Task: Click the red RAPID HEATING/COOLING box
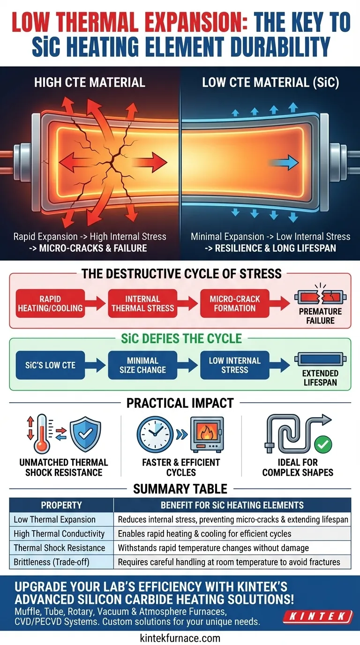coord(51,303)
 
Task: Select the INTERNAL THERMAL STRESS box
coord(143,303)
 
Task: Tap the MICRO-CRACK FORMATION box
coord(235,303)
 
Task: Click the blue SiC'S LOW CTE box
coord(51,365)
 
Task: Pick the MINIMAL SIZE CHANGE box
coord(142,365)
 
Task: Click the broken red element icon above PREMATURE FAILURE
coord(321,297)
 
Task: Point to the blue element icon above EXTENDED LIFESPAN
coord(321,360)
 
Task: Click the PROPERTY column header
coord(61,505)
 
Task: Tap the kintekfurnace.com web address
coord(180,637)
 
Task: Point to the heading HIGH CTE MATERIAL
coord(90,83)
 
